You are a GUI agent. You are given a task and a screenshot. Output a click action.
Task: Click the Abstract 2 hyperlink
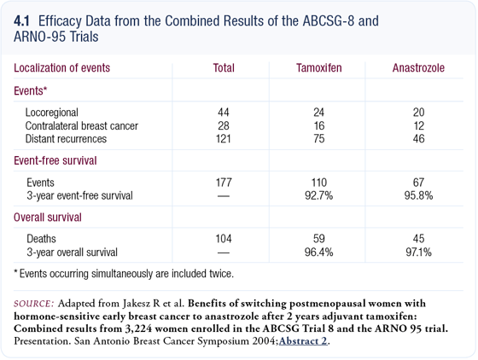pos(303,341)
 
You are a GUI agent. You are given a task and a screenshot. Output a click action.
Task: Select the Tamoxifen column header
pos(319,68)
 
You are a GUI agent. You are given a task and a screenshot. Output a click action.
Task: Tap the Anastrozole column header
pos(418,68)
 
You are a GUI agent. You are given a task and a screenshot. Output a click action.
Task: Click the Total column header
pos(224,68)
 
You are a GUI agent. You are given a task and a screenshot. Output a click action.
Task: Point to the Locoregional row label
pos(52,113)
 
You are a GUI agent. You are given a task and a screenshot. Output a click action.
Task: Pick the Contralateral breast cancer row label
pos(82,125)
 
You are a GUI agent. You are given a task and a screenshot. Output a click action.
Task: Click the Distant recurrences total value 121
pos(223,139)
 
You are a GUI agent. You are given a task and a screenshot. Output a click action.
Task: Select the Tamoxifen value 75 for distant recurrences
pos(319,139)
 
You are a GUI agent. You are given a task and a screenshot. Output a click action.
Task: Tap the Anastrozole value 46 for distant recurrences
pos(418,139)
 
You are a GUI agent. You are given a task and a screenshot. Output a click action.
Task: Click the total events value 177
pos(224,183)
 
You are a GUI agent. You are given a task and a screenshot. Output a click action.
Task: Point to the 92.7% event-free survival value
pos(319,195)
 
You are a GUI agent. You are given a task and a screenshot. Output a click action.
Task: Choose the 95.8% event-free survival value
pos(418,195)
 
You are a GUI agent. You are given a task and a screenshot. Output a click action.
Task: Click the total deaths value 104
pos(224,239)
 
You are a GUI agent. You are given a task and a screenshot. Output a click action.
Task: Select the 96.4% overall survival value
pos(319,253)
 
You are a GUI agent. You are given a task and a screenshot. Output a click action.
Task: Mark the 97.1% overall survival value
pos(418,253)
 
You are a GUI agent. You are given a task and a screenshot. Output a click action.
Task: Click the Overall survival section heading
pos(48,218)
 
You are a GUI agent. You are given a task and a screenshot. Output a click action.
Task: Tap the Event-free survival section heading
pos(55,160)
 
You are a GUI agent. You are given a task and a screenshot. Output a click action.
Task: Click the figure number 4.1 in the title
pos(21,21)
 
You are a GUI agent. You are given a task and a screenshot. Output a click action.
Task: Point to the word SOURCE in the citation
pos(34,304)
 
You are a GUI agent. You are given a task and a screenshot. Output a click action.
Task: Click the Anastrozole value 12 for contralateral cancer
pos(418,125)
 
